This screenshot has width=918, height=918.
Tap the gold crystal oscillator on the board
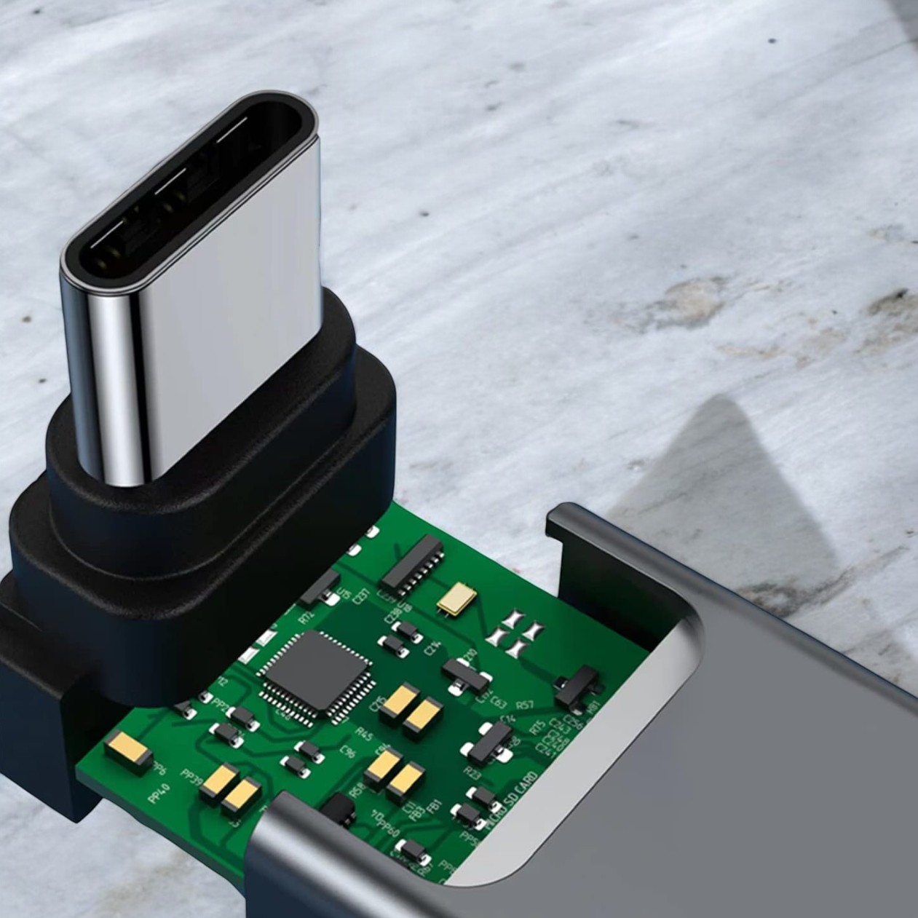(x=457, y=598)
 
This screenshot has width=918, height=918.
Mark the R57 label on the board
(x=526, y=705)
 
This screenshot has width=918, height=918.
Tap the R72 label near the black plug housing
(x=306, y=616)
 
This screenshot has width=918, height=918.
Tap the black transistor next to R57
(x=579, y=687)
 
